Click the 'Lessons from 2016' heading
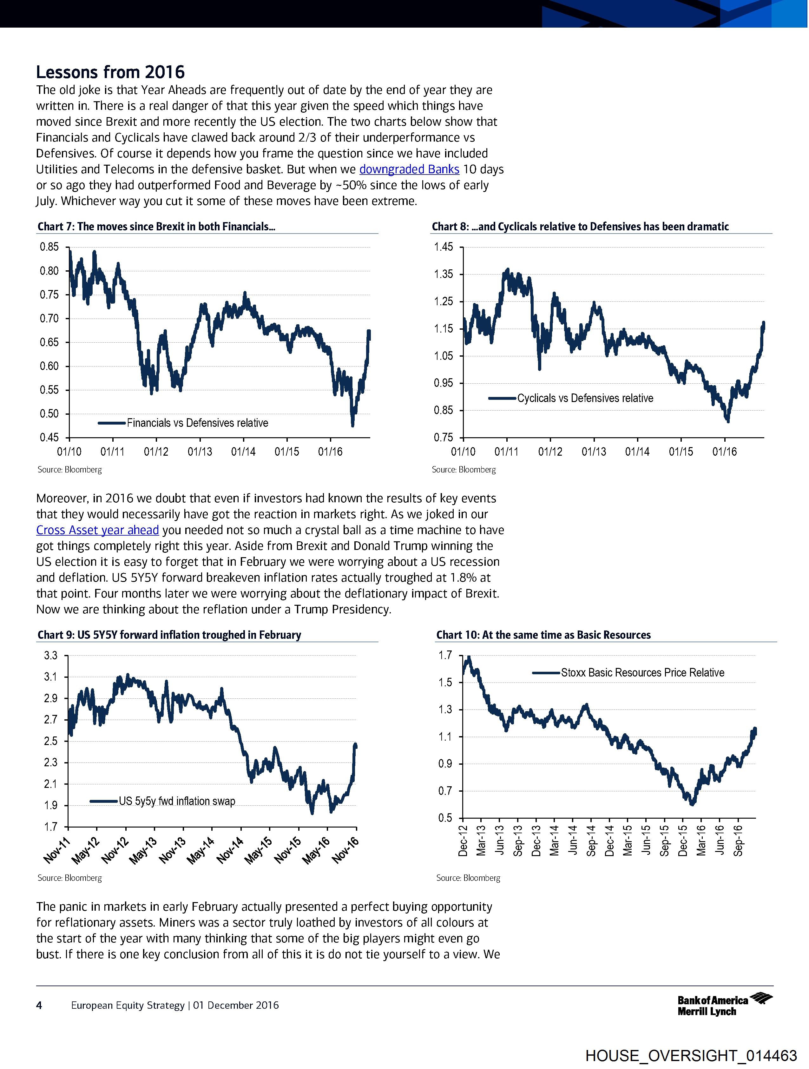point(110,72)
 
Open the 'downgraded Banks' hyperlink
point(409,169)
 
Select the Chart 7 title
point(156,227)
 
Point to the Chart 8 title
point(580,227)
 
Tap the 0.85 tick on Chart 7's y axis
point(49,247)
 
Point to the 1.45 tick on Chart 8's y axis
point(443,247)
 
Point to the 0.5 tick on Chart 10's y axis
point(445,818)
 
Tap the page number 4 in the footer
point(39,1005)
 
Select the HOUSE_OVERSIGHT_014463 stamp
point(691,1055)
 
